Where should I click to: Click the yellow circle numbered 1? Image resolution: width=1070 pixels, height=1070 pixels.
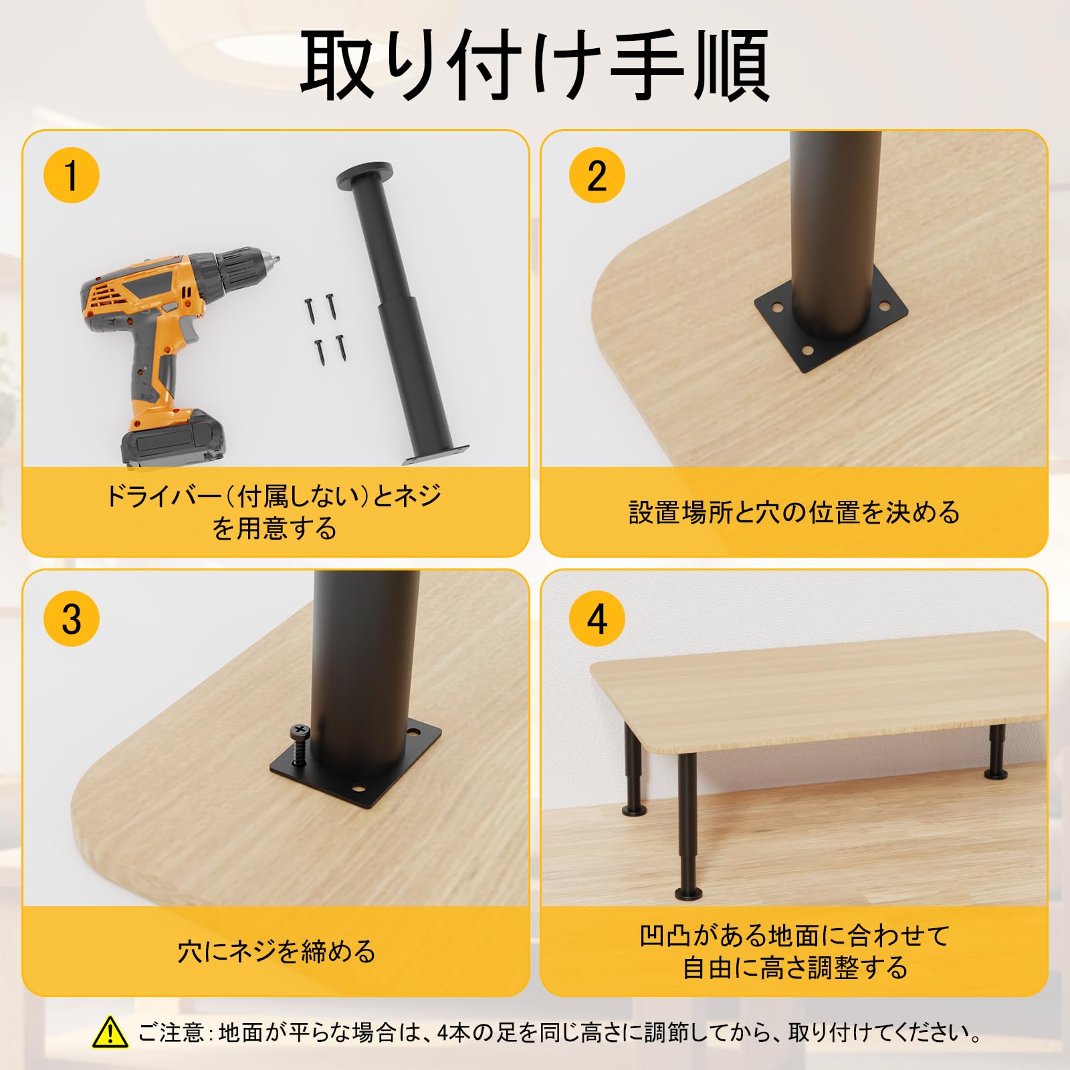(x=71, y=175)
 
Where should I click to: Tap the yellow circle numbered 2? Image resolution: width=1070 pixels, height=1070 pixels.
(x=597, y=175)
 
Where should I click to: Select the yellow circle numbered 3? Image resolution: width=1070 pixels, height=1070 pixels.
(x=71, y=618)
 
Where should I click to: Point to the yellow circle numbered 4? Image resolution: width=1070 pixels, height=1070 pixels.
(x=597, y=618)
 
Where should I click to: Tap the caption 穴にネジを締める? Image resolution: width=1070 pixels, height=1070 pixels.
(x=276, y=950)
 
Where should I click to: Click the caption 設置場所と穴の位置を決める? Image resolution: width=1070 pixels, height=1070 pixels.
(x=794, y=512)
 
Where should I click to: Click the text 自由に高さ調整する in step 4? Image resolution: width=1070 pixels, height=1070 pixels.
(x=794, y=967)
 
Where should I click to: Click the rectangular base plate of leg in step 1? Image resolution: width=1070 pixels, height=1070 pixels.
(x=436, y=455)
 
